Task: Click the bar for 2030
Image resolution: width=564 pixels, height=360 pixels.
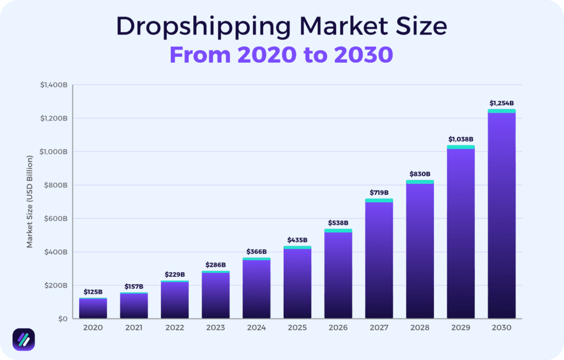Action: [501, 215]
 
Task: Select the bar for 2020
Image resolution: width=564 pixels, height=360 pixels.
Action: [93, 308]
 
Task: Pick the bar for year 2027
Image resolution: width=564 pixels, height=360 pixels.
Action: [379, 259]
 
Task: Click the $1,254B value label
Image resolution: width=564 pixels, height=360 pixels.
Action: [501, 103]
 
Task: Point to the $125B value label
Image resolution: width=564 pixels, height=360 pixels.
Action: [93, 292]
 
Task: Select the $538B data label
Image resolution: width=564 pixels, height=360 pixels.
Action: [338, 223]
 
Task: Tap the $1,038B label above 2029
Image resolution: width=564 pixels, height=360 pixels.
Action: [460, 139]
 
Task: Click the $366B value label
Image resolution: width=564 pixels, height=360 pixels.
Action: [257, 252]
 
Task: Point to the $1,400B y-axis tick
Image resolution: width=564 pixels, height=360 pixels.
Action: [53, 85]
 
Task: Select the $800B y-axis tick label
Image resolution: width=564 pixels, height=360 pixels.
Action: [55, 186]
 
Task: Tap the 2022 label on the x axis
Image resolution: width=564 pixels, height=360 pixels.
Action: [175, 328]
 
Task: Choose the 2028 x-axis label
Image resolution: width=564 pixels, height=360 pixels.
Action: [420, 328]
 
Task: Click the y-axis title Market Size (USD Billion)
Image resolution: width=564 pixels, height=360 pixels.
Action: [30, 201]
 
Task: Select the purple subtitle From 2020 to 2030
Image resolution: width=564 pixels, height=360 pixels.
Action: [281, 54]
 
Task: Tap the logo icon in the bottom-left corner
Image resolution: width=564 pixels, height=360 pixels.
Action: [24, 339]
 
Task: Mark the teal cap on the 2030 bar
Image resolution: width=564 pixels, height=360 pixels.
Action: [501, 111]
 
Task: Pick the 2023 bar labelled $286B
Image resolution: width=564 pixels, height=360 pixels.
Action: [215, 295]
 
